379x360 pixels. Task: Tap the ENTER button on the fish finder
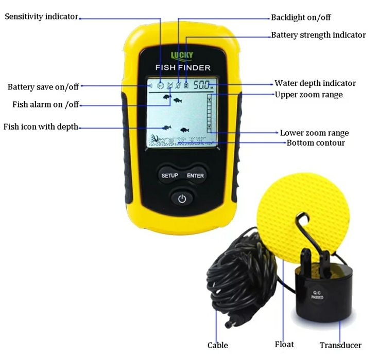[x=195, y=175]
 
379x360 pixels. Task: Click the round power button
[x=182, y=199]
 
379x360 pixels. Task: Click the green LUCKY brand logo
[x=182, y=56]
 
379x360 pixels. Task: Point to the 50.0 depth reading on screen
[x=202, y=85]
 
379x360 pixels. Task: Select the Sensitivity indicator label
[x=42, y=16]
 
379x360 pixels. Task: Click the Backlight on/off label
[x=301, y=17]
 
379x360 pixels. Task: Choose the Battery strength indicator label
[x=318, y=35]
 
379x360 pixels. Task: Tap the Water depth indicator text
[x=315, y=83]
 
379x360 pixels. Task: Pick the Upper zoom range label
[x=308, y=95]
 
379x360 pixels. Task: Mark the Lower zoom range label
[x=314, y=133]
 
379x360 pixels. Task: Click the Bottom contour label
[x=316, y=142]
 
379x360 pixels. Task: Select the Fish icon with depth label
[x=41, y=127]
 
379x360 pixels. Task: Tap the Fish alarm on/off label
[x=46, y=104]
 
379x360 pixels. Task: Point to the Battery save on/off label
[x=43, y=87]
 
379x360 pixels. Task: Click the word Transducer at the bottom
[x=340, y=345]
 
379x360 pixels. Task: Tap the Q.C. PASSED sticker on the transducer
[x=317, y=295]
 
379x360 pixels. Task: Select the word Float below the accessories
[x=284, y=344]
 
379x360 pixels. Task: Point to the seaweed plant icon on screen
[x=154, y=139]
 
